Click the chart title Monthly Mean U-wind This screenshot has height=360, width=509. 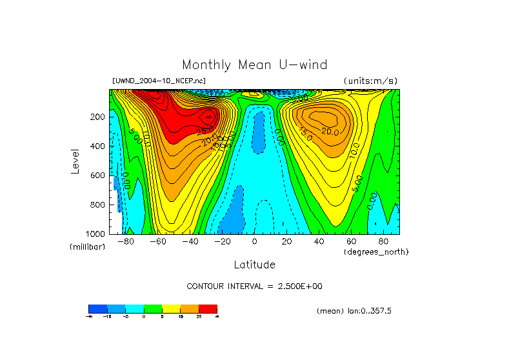pyautogui.click(x=254, y=65)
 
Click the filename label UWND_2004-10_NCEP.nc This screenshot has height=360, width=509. pyautogui.click(x=158, y=81)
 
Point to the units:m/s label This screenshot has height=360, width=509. pyautogui.click(x=370, y=81)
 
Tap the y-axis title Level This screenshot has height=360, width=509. pyautogui.click(x=75, y=161)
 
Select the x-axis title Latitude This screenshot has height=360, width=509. pyautogui.click(x=254, y=265)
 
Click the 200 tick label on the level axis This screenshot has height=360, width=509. pyautogui.click(x=97, y=117)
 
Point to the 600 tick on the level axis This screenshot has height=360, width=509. pyautogui.click(x=97, y=175)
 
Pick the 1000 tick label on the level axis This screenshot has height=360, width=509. pyautogui.click(x=95, y=234)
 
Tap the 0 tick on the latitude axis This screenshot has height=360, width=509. pyautogui.click(x=254, y=242)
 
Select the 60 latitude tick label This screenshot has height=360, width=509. pyautogui.click(x=351, y=242)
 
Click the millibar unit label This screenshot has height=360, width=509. pyautogui.click(x=87, y=247)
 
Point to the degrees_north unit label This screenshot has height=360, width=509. pyautogui.click(x=376, y=252)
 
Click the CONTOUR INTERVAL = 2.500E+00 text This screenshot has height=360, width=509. pyautogui.click(x=254, y=286)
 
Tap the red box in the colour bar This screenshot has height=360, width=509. pyautogui.click(x=208, y=309)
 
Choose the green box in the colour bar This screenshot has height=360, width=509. pyautogui.click(x=152, y=309)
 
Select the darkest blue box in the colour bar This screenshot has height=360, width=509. pyautogui.click(x=97, y=309)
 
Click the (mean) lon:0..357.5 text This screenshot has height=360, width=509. pyautogui.click(x=354, y=311)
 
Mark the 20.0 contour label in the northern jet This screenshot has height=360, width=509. pyautogui.click(x=330, y=132)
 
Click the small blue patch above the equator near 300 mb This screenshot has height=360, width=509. pyautogui.click(x=259, y=132)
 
